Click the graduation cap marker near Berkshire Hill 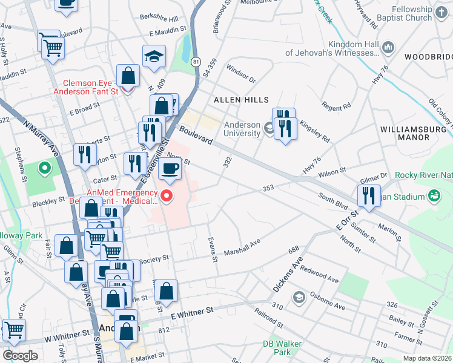click(x=154, y=57)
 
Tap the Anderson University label click(x=242, y=129)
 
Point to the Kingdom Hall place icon click(x=388, y=47)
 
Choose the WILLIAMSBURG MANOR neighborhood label click(x=414, y=134)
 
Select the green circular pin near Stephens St click(x=44, y=168)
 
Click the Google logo click(x=20, y=355)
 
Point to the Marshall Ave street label click(x=242, y=247)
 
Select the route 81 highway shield click(x=196, y=62)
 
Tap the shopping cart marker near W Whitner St click(x=14, y=330)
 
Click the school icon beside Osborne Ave click(x=298, y=297)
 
